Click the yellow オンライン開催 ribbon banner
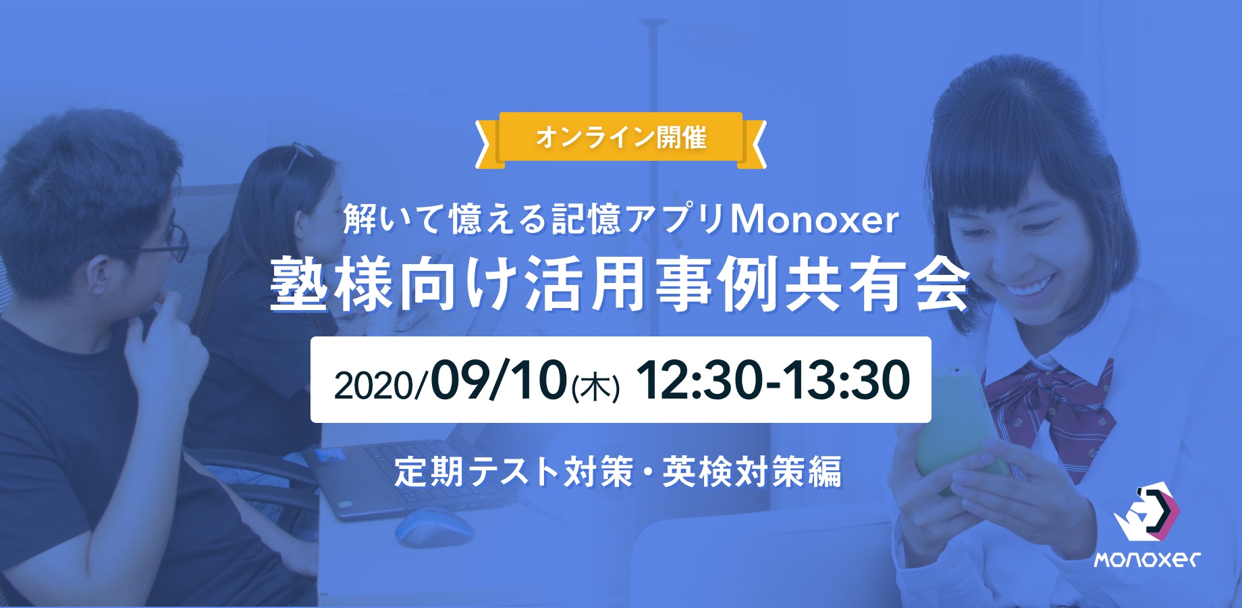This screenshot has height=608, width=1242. (621, 139)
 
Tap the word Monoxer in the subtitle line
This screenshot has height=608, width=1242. (815, 220)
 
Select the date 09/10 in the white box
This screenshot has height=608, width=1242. (499, 380)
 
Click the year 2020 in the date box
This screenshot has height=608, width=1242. (374, 386)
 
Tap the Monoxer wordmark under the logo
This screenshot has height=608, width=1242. (1147, 560)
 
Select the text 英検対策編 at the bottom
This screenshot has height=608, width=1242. (752, 472)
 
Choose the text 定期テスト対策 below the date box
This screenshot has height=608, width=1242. (514, 472)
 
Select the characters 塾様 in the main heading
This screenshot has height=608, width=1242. (332, 284)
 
